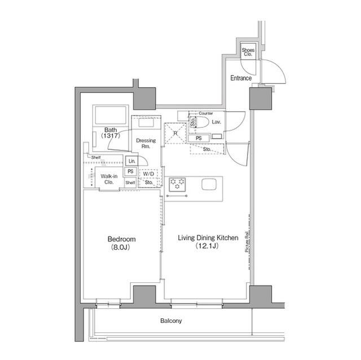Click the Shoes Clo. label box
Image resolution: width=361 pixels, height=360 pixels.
pos(248,52)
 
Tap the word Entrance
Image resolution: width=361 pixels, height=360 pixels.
pos(241,78)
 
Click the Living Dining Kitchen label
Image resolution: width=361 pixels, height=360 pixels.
pos(208,242)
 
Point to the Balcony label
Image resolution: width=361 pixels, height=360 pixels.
pos(170,321)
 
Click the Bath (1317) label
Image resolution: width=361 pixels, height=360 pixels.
pos(111,133)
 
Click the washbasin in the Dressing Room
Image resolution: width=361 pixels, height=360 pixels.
pos(146,122)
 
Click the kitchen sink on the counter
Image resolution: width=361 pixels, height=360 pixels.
pos(208,184)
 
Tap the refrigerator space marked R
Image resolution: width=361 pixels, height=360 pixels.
pos(175,133)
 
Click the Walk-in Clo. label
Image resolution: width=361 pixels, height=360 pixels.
pos(108,179)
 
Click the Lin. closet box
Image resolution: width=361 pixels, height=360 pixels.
pos(131,161)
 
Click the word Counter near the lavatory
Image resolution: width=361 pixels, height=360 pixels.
pos(206,113)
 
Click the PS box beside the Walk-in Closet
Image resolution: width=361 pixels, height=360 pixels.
pos(130,172)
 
